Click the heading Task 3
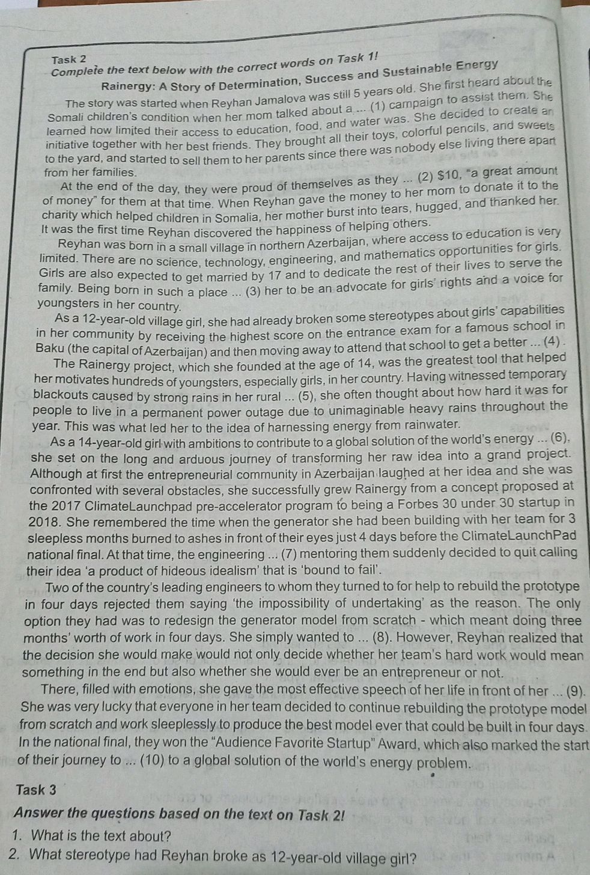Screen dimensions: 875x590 point(37,789)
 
